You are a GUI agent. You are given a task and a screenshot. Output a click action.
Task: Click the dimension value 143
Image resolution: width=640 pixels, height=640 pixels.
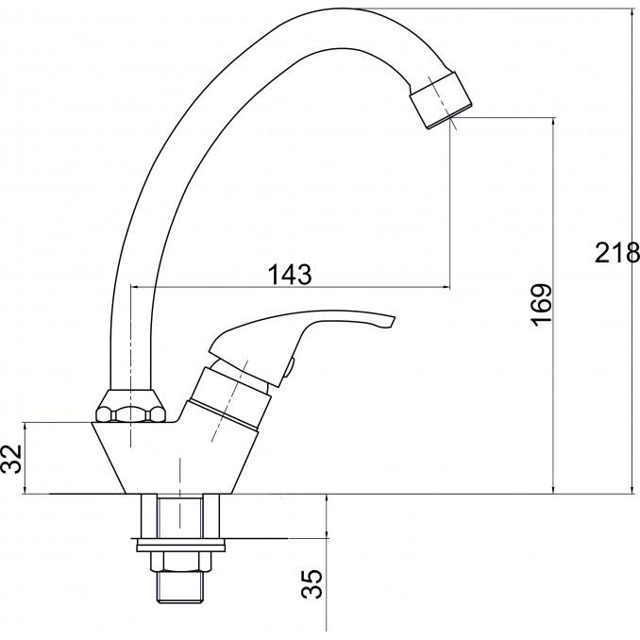[290, 275]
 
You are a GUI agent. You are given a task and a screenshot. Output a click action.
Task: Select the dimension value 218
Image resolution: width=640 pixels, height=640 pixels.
[616, 253]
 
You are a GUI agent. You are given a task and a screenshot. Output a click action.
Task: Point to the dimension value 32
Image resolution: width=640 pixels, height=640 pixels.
[11, 459]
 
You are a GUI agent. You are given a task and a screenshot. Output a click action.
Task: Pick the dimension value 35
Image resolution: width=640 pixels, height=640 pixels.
[312, 584]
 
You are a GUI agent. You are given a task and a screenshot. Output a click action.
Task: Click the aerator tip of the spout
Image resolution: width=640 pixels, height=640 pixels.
[441, 100]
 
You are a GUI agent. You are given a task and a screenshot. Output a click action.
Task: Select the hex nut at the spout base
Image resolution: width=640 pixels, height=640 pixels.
[131, 406]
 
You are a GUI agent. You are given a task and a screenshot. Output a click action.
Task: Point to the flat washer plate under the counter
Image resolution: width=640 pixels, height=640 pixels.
[180, 545]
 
